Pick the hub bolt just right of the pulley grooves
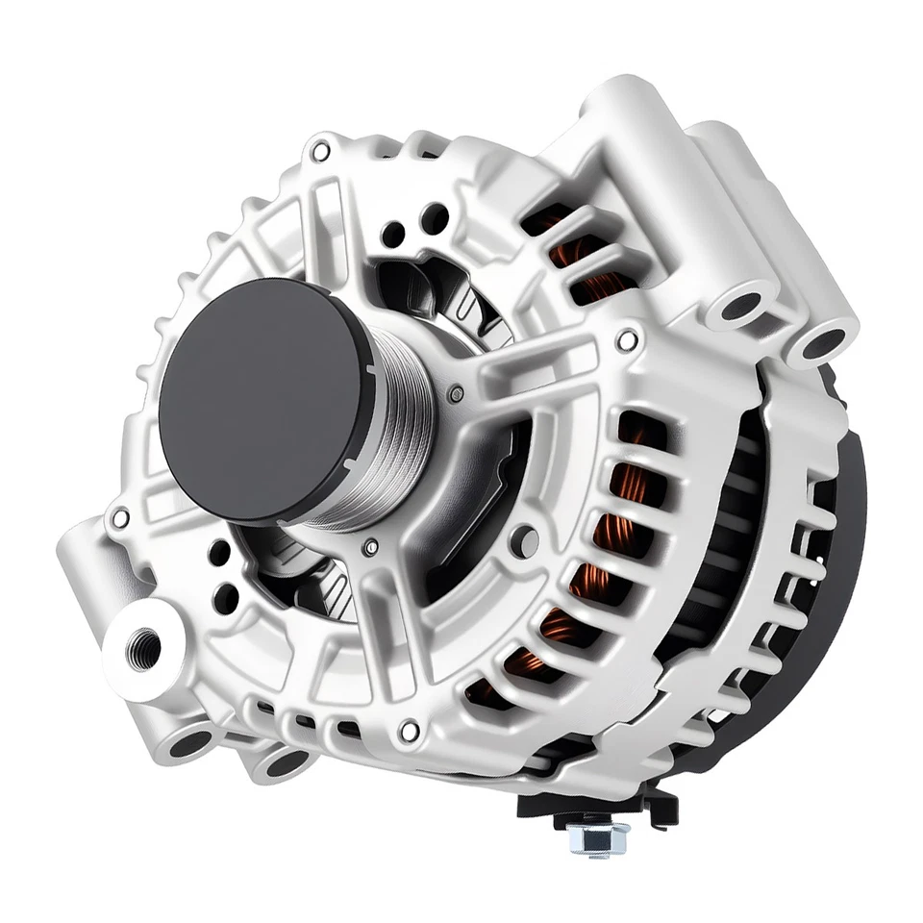coord(455,393)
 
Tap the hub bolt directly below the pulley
coord(371,547)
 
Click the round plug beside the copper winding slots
coord(525,540)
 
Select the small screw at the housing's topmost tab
coord(320,151)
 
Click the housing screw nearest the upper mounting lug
coord(627,339)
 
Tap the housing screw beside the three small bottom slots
coord(409,732)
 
